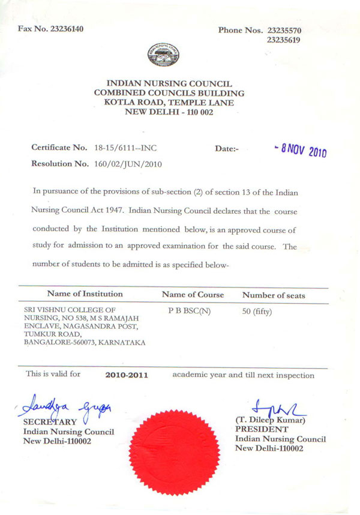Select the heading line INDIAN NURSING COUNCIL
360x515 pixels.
point(169,83)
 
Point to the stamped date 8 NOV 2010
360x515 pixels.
point(298,149)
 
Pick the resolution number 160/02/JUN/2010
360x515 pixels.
point(127,163)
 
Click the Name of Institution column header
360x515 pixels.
point(85,294)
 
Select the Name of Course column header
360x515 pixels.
point(193,295)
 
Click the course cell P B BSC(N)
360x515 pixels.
point(190,310)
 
